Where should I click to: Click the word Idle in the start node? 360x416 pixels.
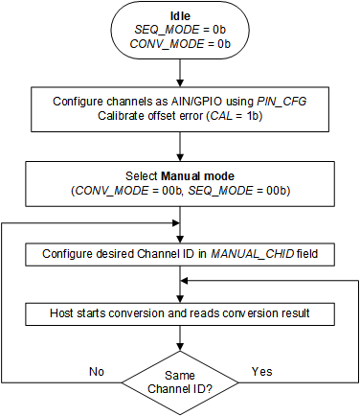click(x=179, y=16)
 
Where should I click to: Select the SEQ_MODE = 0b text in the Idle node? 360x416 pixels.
click(x=179, y=31)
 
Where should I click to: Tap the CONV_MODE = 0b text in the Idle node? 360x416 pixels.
click(x=179, y=45)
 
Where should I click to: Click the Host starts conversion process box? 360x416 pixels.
click(x=179, y=312)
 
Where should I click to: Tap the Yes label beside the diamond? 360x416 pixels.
click(x=260, y=369)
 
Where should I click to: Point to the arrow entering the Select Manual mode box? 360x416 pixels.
click(x=179, y=149)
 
